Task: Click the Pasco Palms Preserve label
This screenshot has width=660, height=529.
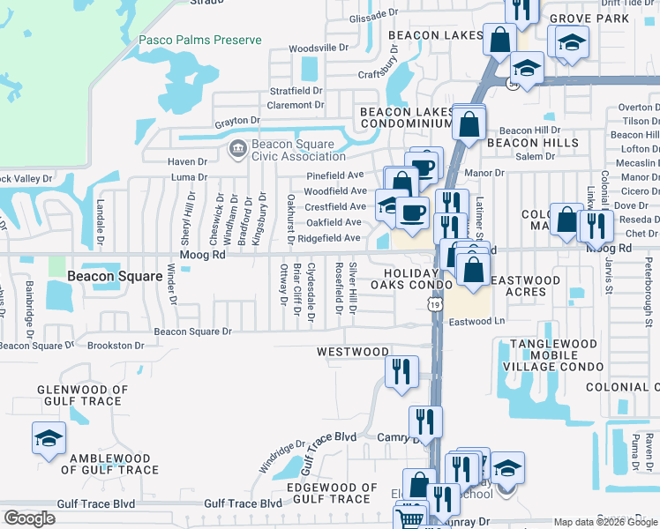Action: [200, 40]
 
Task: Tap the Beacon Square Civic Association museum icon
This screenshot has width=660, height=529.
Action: [237, 150]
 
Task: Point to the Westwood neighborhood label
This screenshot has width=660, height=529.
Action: [353, 352]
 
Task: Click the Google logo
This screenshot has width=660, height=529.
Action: [29, 518]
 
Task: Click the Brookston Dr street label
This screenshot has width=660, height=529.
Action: [115, 346]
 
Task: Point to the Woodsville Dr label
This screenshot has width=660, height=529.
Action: [319, 48]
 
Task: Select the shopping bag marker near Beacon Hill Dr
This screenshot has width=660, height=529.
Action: [469, 123]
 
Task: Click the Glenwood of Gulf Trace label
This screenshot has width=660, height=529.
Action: [82, 395]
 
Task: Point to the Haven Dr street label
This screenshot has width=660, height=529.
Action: [187, 162]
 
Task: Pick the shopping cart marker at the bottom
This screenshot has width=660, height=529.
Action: [409, 518]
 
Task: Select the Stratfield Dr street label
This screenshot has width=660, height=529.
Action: [296, 91]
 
